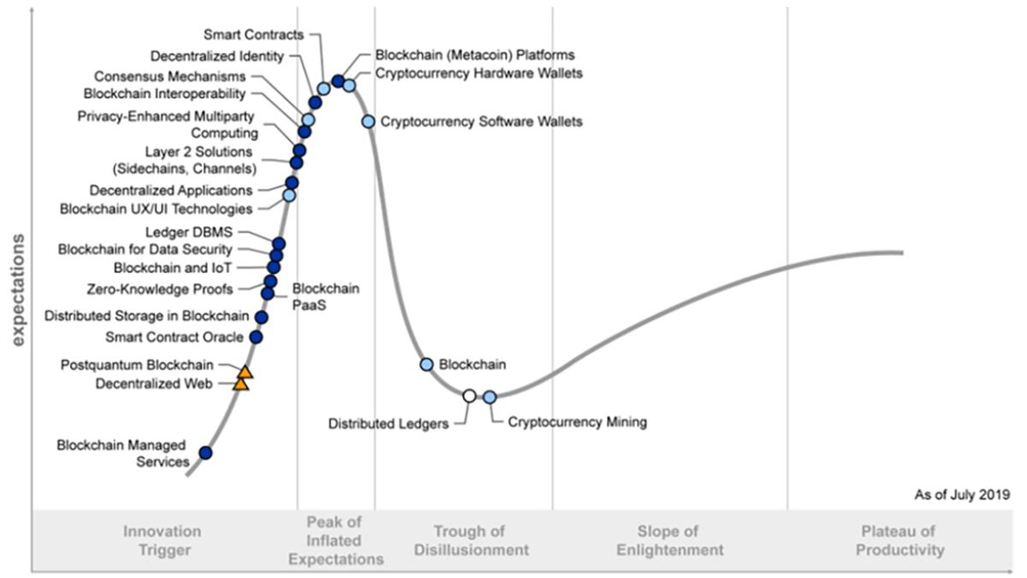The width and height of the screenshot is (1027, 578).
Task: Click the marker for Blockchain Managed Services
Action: click(205, 452)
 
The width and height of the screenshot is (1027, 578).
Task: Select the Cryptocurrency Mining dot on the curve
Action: click(490, 396)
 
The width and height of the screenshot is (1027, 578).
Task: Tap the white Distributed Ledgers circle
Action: click(469, 396)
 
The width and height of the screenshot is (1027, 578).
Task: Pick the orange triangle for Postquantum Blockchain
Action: click(246, 372)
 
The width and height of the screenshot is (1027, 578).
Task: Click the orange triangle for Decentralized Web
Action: click(241, 384)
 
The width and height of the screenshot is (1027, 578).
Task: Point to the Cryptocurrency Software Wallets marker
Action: click(368, 122)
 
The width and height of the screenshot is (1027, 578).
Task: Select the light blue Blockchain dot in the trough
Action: click(427, 364)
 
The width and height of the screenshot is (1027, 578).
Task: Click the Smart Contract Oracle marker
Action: click(256, 337)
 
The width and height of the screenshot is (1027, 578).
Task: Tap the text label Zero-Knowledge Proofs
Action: click(160, 289)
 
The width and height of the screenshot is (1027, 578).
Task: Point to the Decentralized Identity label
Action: click(217, 57)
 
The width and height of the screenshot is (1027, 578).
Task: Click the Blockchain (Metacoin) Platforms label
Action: click(474, 55)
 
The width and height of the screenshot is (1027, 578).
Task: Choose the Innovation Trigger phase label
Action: click(162, 540)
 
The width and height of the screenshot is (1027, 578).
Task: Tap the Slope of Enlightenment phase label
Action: click(668, 540)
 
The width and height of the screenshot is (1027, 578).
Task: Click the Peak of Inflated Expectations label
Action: click(335, 540)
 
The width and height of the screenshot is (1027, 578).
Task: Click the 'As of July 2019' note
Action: click(962, 494)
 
